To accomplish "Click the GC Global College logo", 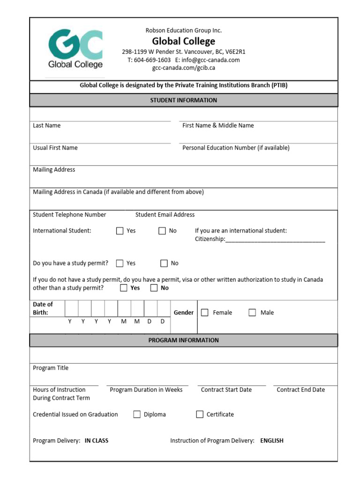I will coord(75,48).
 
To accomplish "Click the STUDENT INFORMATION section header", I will coord(183,100).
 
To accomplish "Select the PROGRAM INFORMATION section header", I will coord(183,340).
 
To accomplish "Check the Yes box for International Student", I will coord(120,231).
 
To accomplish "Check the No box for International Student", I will coord(162,231).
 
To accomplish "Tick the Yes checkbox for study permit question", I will coord(120,263).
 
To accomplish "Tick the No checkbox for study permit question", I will coord(164,263).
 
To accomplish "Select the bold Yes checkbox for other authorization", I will coord(124,288).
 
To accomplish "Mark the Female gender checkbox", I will coord(205,313).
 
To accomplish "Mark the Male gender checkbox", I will coord(252,313).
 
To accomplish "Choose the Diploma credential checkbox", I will coord(137,414).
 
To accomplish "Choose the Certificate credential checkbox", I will coord(200,414).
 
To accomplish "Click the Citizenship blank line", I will coord(275,240).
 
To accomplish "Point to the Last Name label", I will coord(47,126).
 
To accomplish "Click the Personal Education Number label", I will coord(236,148).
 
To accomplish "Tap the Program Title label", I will coord(51,368).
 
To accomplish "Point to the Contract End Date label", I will coord(300,390).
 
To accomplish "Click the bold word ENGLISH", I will coord(272,441).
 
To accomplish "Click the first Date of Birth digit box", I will coord(71,309).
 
